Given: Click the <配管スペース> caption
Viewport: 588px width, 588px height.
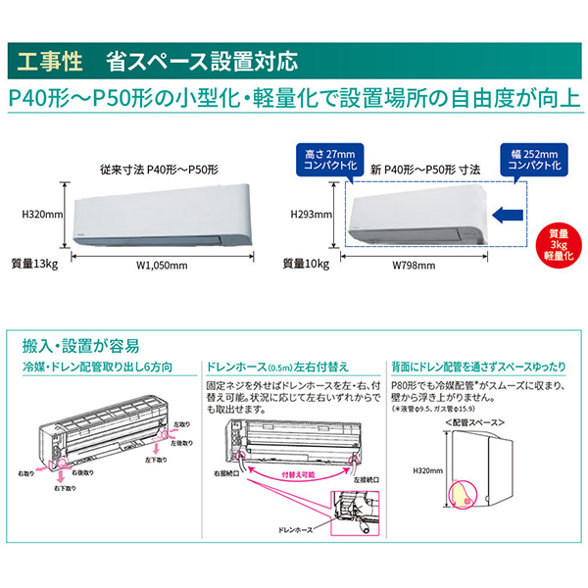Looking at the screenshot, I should (x=474, y=421).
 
